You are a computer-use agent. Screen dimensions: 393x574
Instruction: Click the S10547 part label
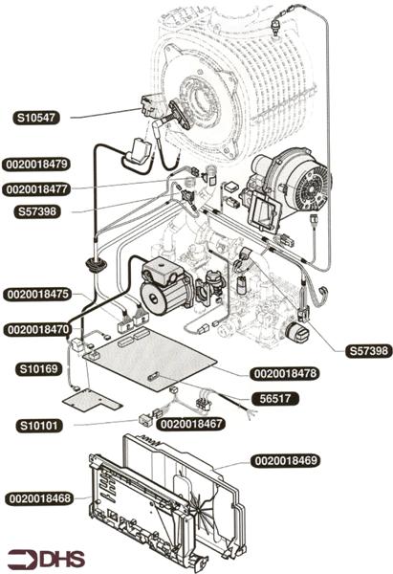tap(36, 118)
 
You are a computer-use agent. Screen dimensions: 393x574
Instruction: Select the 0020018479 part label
tap(37, 164)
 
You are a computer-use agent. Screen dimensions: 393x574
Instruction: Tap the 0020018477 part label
tap(37, 189)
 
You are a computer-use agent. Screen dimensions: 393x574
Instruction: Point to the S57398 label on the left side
tap(37, 211)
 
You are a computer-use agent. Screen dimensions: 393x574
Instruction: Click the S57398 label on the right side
tap(369, 351)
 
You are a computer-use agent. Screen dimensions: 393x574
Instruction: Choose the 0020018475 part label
tap(37, 295)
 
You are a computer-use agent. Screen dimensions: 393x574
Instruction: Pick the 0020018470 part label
tap(37, 329)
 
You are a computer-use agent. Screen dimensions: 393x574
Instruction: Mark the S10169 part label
tap(38, 368)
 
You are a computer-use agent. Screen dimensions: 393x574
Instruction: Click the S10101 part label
tap(39, 426)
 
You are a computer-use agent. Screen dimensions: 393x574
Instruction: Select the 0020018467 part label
tap(191, 424)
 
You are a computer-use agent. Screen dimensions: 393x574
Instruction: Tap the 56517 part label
tap(274, 399)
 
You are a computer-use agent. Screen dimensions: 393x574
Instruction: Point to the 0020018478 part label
tap(285, 374)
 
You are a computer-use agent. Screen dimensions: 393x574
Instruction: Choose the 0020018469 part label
tap(285, 460)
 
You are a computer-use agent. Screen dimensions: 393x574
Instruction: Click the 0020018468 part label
tap(39, 499)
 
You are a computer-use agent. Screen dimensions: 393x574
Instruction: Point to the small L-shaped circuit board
tap(92, 400)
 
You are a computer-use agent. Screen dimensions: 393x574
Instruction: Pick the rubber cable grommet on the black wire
tap(96, 264)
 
